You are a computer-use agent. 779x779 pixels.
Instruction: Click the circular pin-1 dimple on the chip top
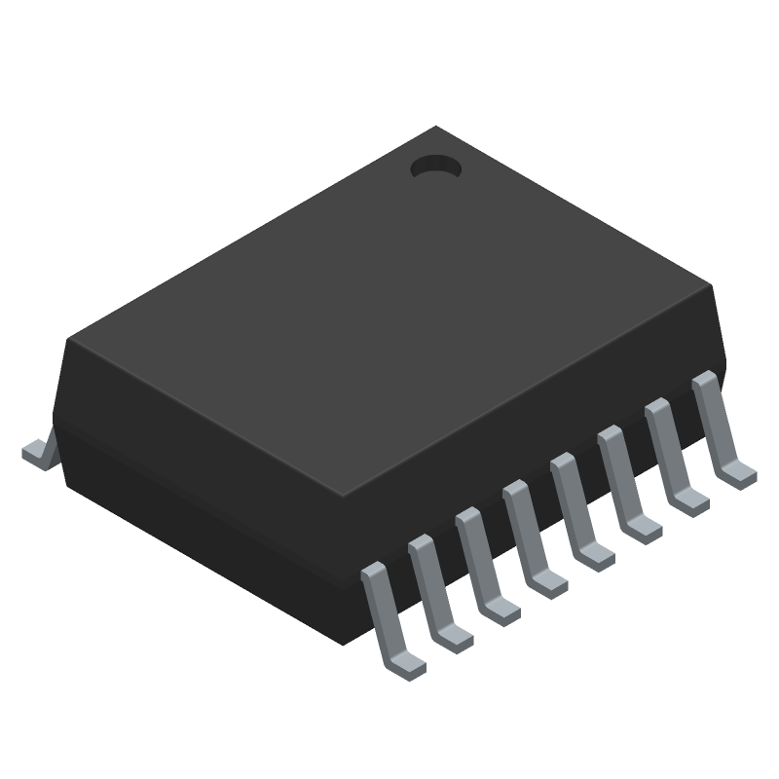point(435,167)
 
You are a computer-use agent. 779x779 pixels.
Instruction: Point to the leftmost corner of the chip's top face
point(65,340)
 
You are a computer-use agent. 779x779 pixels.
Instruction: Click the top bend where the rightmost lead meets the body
point(703,381)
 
